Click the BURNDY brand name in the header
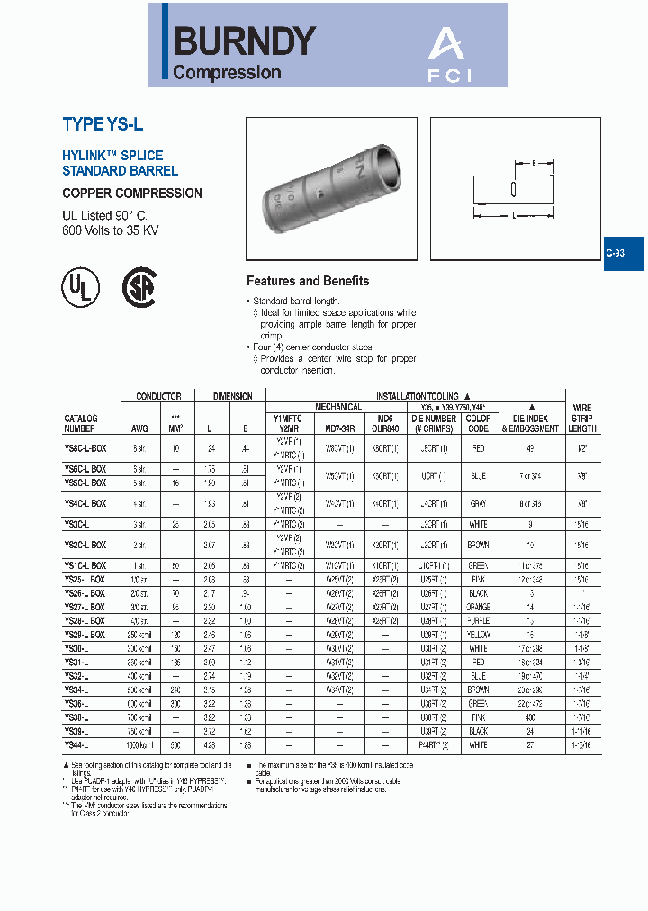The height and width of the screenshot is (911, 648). click(x=244, y=41)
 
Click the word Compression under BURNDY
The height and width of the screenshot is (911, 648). click(x=227, y=73)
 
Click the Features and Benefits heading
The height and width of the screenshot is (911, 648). click(x=308, y=281)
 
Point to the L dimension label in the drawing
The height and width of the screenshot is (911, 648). click(x=514, y=217)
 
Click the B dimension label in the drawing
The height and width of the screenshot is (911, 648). click(x=535, y=164)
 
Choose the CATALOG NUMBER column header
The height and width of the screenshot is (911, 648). click(x=81, y=422)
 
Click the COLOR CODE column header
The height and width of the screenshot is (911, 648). click(x=479, y=422)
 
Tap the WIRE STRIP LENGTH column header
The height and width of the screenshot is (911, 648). click(x=582, y=419)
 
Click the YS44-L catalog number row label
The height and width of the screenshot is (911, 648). click(x=77, y=744)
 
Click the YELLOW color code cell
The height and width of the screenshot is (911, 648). click(x=479, y=634)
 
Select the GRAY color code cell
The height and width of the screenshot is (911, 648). click(x=479, y=503)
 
